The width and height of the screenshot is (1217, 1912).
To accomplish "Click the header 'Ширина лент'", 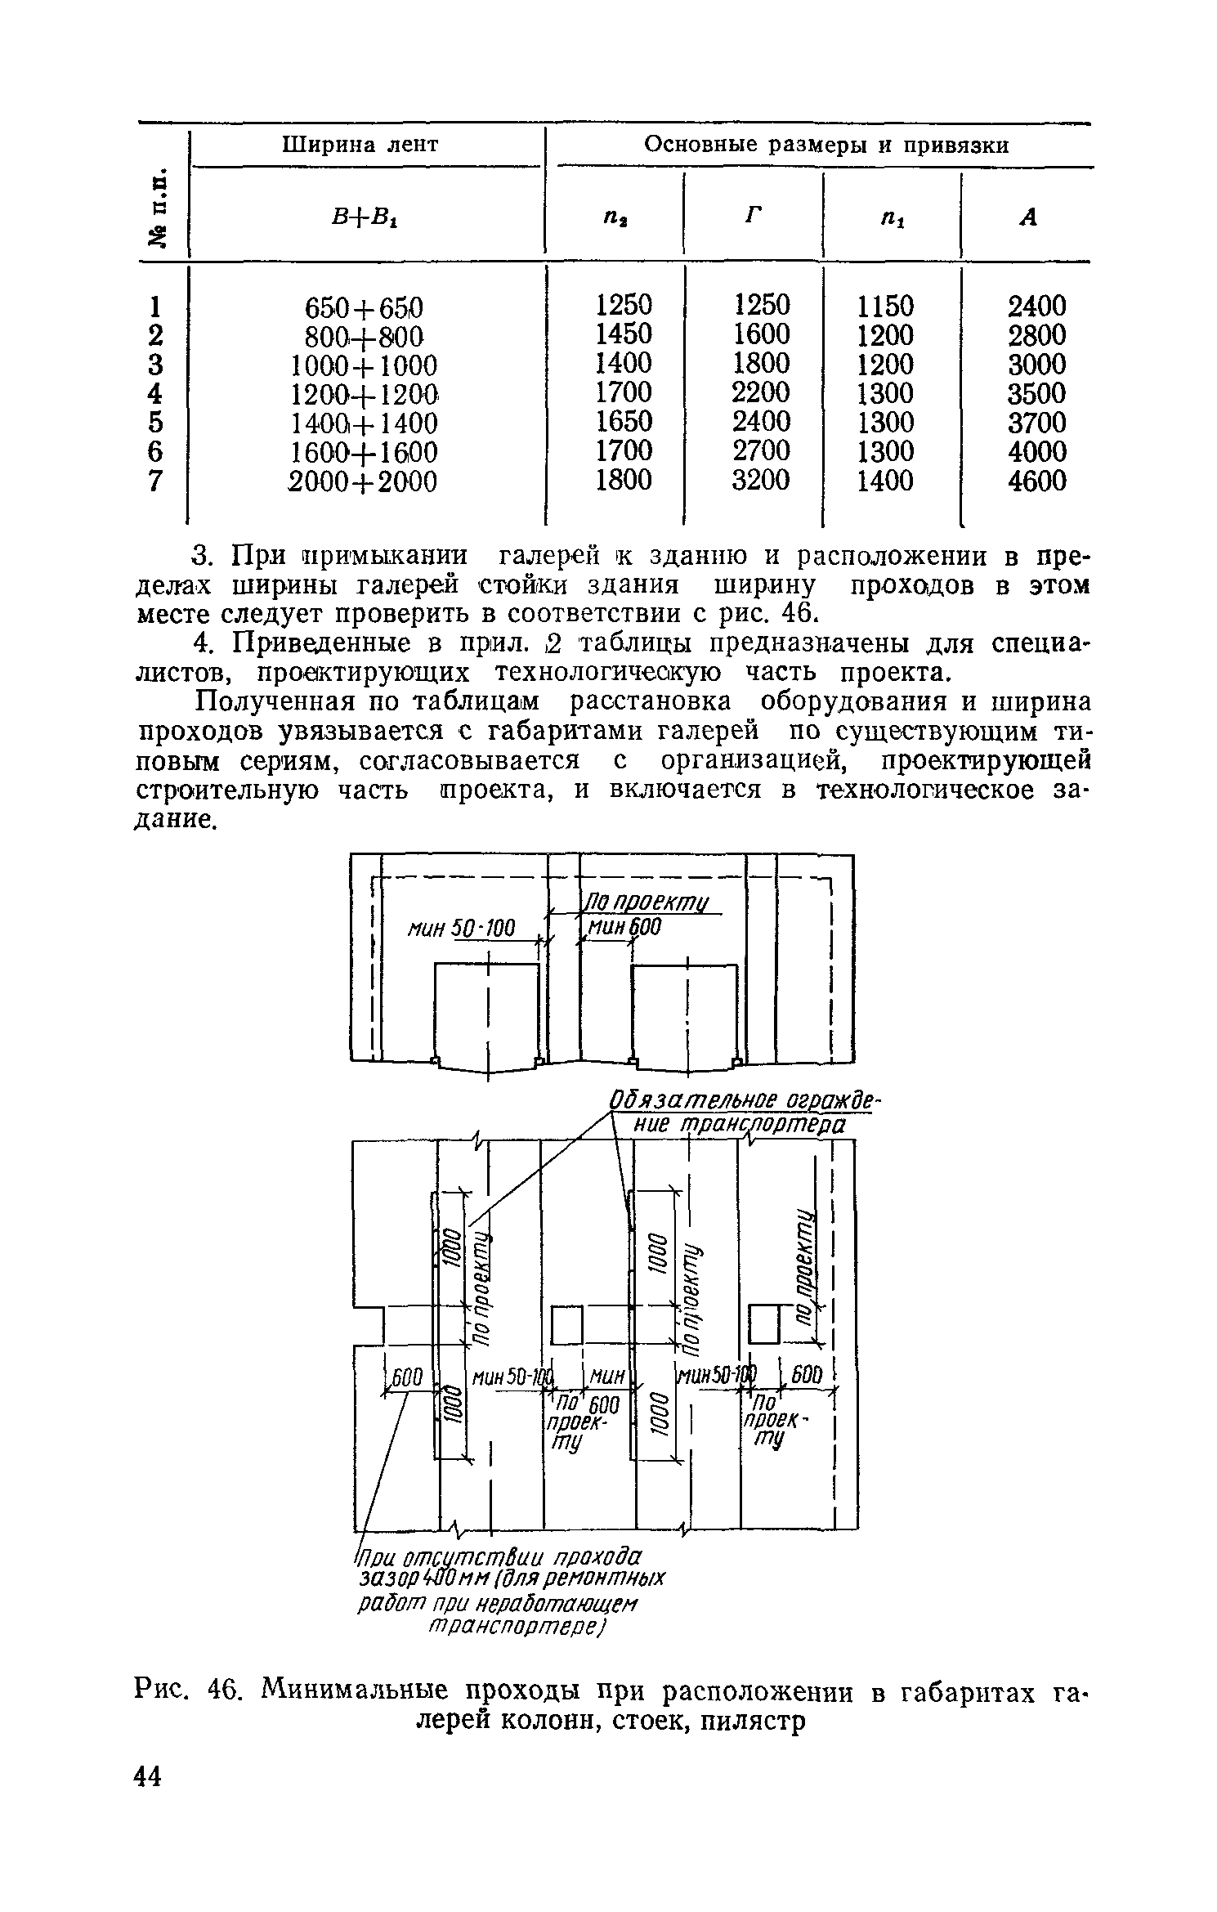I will [360, 145].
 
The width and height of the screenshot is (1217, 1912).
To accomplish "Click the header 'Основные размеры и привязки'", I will [826, 145].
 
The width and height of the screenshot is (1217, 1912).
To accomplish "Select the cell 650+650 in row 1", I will [364, 308].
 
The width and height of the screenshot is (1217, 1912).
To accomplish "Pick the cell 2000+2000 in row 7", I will [364, 482].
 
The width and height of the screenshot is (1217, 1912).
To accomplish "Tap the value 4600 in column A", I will [1036, 481].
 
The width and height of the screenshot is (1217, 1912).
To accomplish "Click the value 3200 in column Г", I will [760, 480].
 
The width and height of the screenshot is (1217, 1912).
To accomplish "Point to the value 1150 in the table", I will [885, 307].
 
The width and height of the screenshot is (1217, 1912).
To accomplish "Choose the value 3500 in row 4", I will [1036, 394].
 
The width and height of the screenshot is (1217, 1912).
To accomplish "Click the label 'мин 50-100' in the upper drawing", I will [462, 929].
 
